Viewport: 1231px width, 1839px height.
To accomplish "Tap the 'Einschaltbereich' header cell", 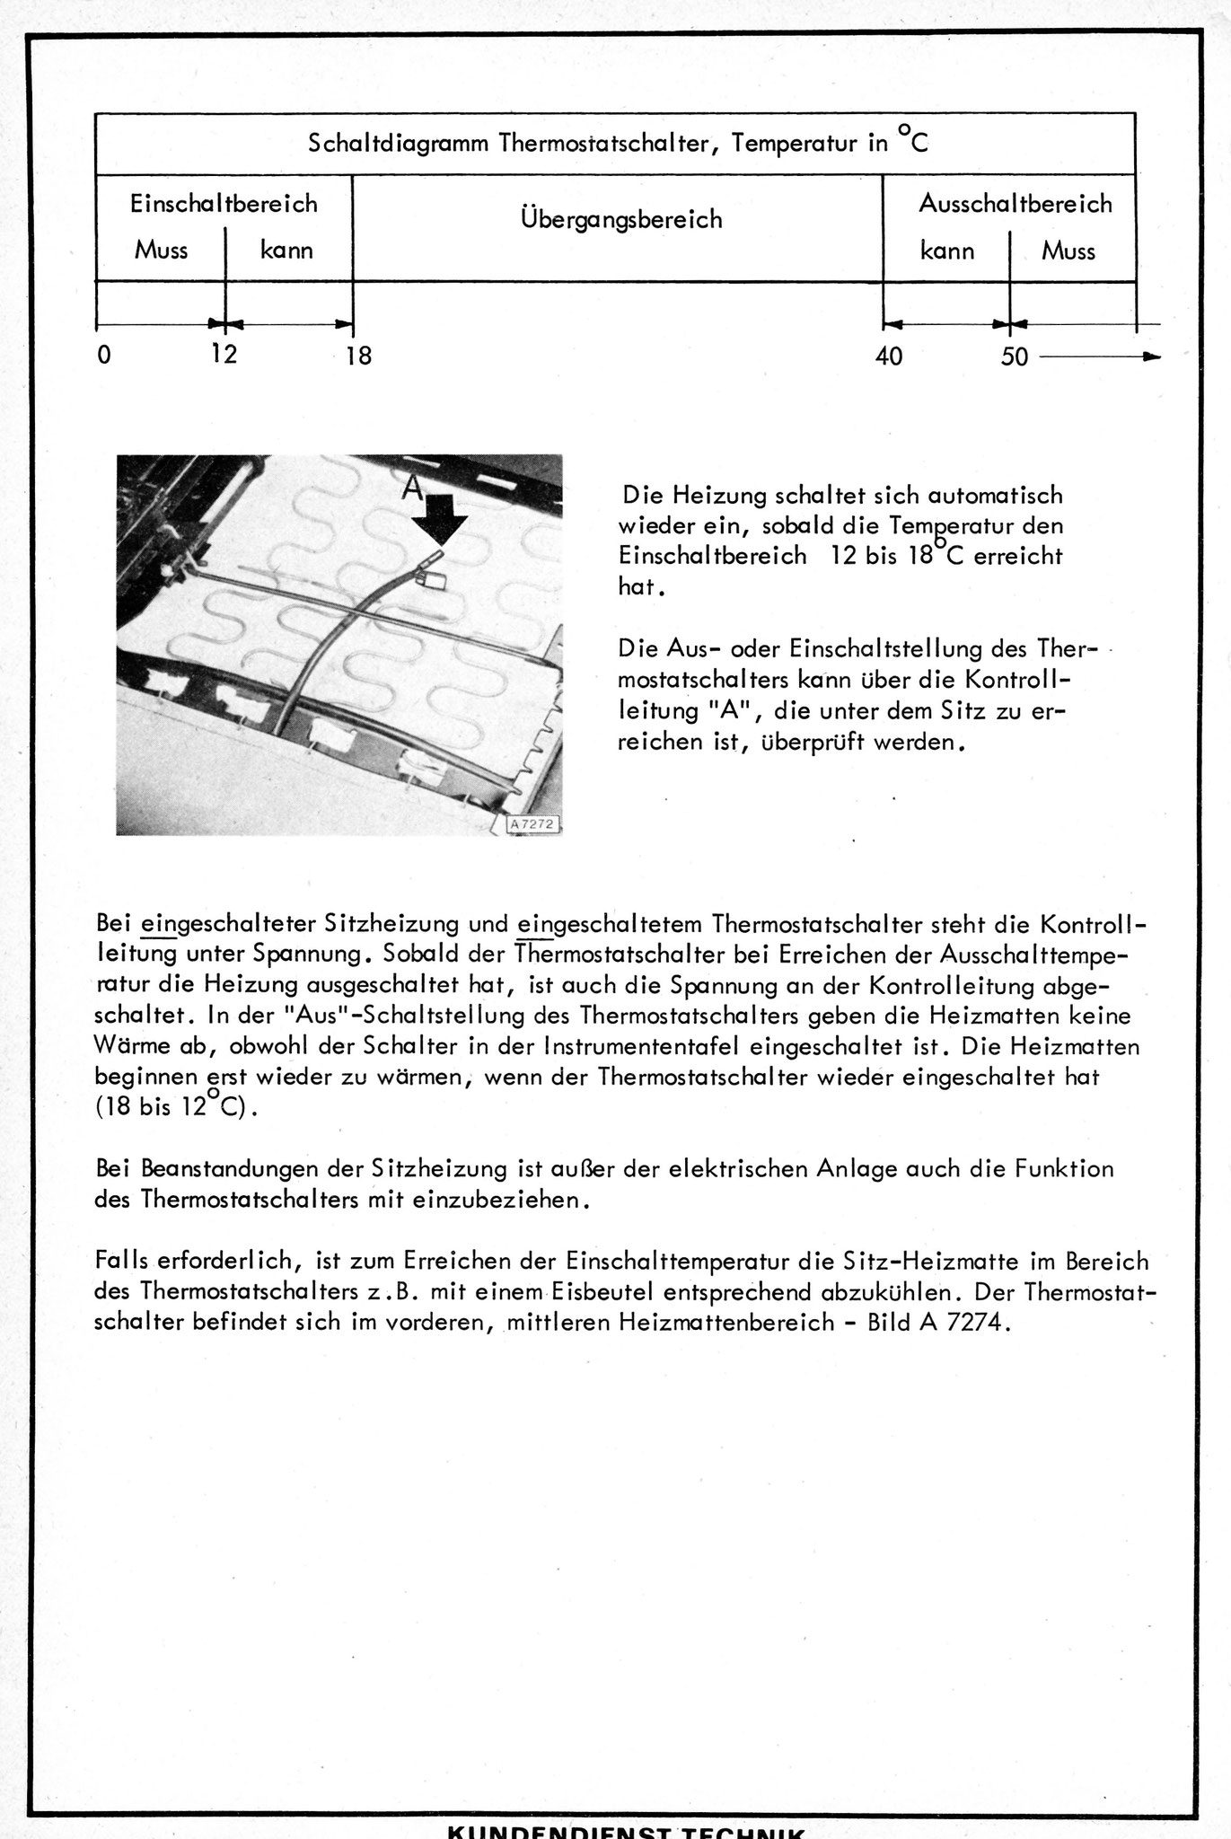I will click(224, 204).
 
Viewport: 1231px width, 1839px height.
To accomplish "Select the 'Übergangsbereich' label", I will click(620, 219).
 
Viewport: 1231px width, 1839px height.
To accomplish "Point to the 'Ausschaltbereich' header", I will click(1015, 204).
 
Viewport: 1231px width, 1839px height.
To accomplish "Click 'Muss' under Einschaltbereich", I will click(161, 250).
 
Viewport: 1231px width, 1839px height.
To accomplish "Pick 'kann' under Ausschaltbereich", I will click(947, 251).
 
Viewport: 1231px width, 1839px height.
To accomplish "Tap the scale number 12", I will click(224, 354).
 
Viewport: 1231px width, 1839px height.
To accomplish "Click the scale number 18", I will click(357, 356).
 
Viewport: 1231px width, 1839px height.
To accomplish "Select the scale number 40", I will click(889, 356).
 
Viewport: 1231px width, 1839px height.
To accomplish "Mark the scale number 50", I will click(1015, 356).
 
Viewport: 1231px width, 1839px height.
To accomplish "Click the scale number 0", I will click(105, 356).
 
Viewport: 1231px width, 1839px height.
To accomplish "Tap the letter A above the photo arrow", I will click(411, 488).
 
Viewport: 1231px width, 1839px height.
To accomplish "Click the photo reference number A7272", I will click(533, 823).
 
